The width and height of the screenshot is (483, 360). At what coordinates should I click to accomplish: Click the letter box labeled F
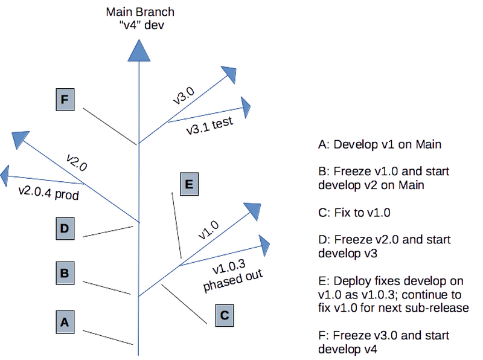point(64,100)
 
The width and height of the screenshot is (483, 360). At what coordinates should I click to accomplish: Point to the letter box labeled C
point(223,315)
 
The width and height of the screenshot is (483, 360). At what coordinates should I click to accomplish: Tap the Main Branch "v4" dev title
point(139,19)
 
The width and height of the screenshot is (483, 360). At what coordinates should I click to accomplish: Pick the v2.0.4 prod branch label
point(48,193)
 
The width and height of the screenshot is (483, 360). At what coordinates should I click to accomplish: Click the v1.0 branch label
point(210,230)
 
